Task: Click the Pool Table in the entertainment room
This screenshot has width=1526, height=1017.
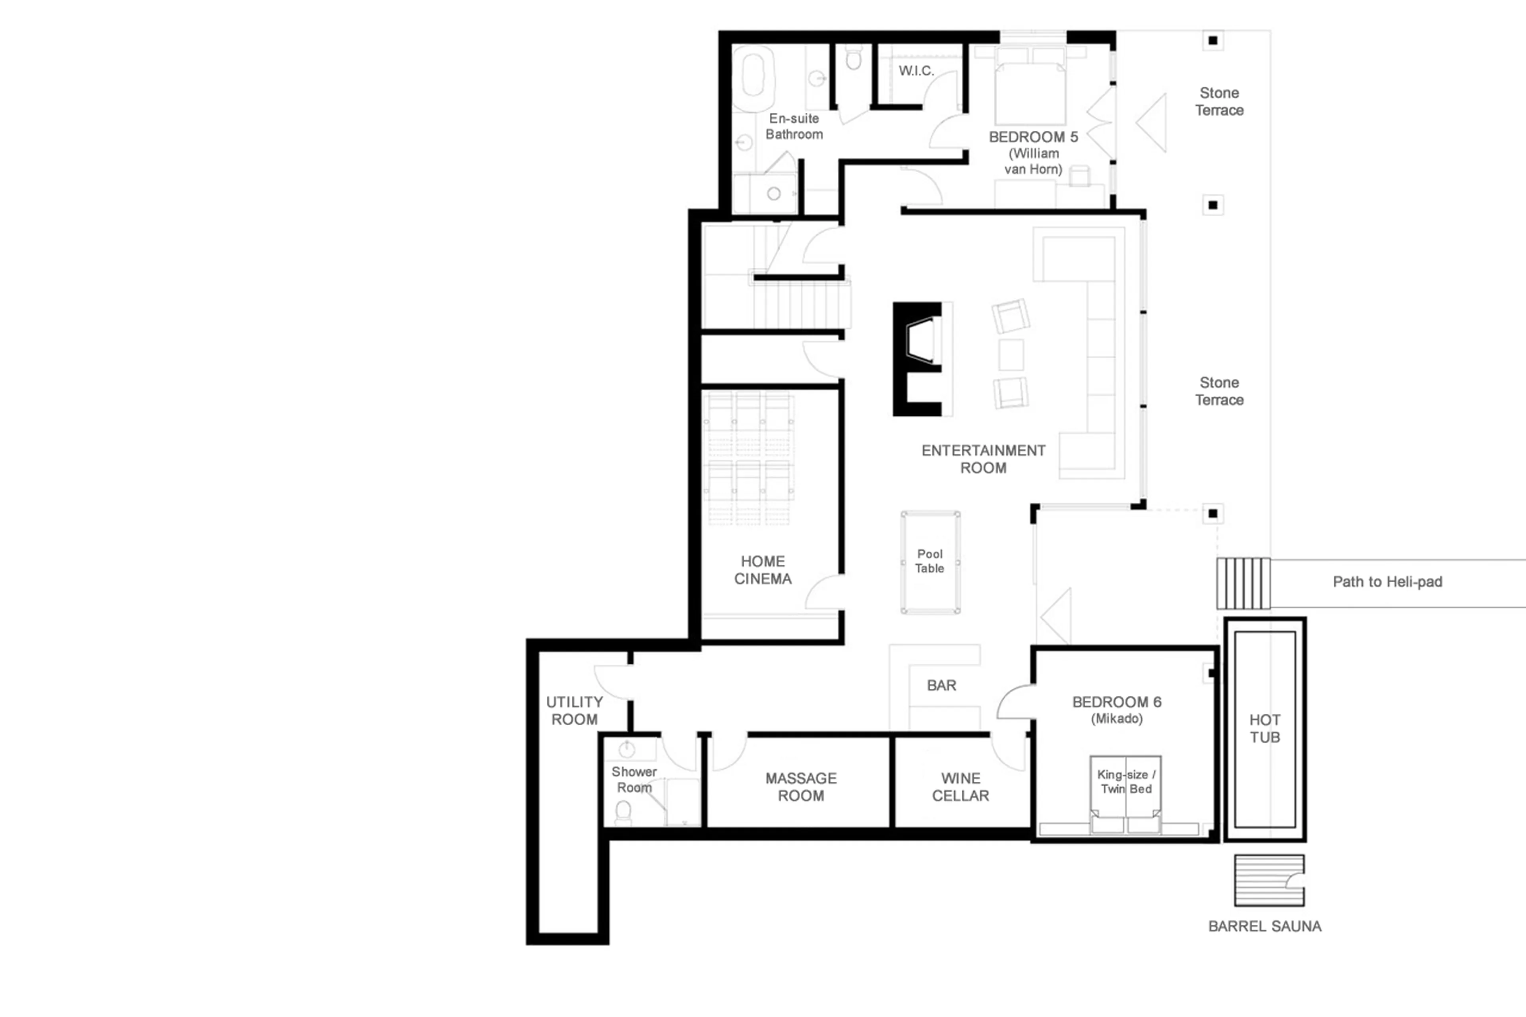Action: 930,562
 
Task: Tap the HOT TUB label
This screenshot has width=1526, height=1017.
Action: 1265,728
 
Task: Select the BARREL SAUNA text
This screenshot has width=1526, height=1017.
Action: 1264,926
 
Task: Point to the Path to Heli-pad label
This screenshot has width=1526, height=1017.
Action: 1387,582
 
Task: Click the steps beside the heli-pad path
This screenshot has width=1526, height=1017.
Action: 1243,583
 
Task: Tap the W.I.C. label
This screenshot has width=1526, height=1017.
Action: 916,71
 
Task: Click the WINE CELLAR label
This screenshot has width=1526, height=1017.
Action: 961,787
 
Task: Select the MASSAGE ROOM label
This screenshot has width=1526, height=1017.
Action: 801,787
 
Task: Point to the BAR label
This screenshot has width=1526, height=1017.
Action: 941,686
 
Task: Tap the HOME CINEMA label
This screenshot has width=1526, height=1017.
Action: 763,570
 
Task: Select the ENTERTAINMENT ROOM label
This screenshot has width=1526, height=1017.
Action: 983,459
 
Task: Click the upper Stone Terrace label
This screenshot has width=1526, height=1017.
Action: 1219,101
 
